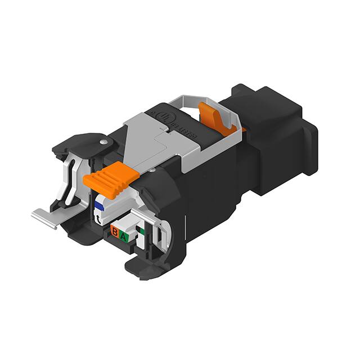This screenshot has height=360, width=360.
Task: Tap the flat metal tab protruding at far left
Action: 45,218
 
